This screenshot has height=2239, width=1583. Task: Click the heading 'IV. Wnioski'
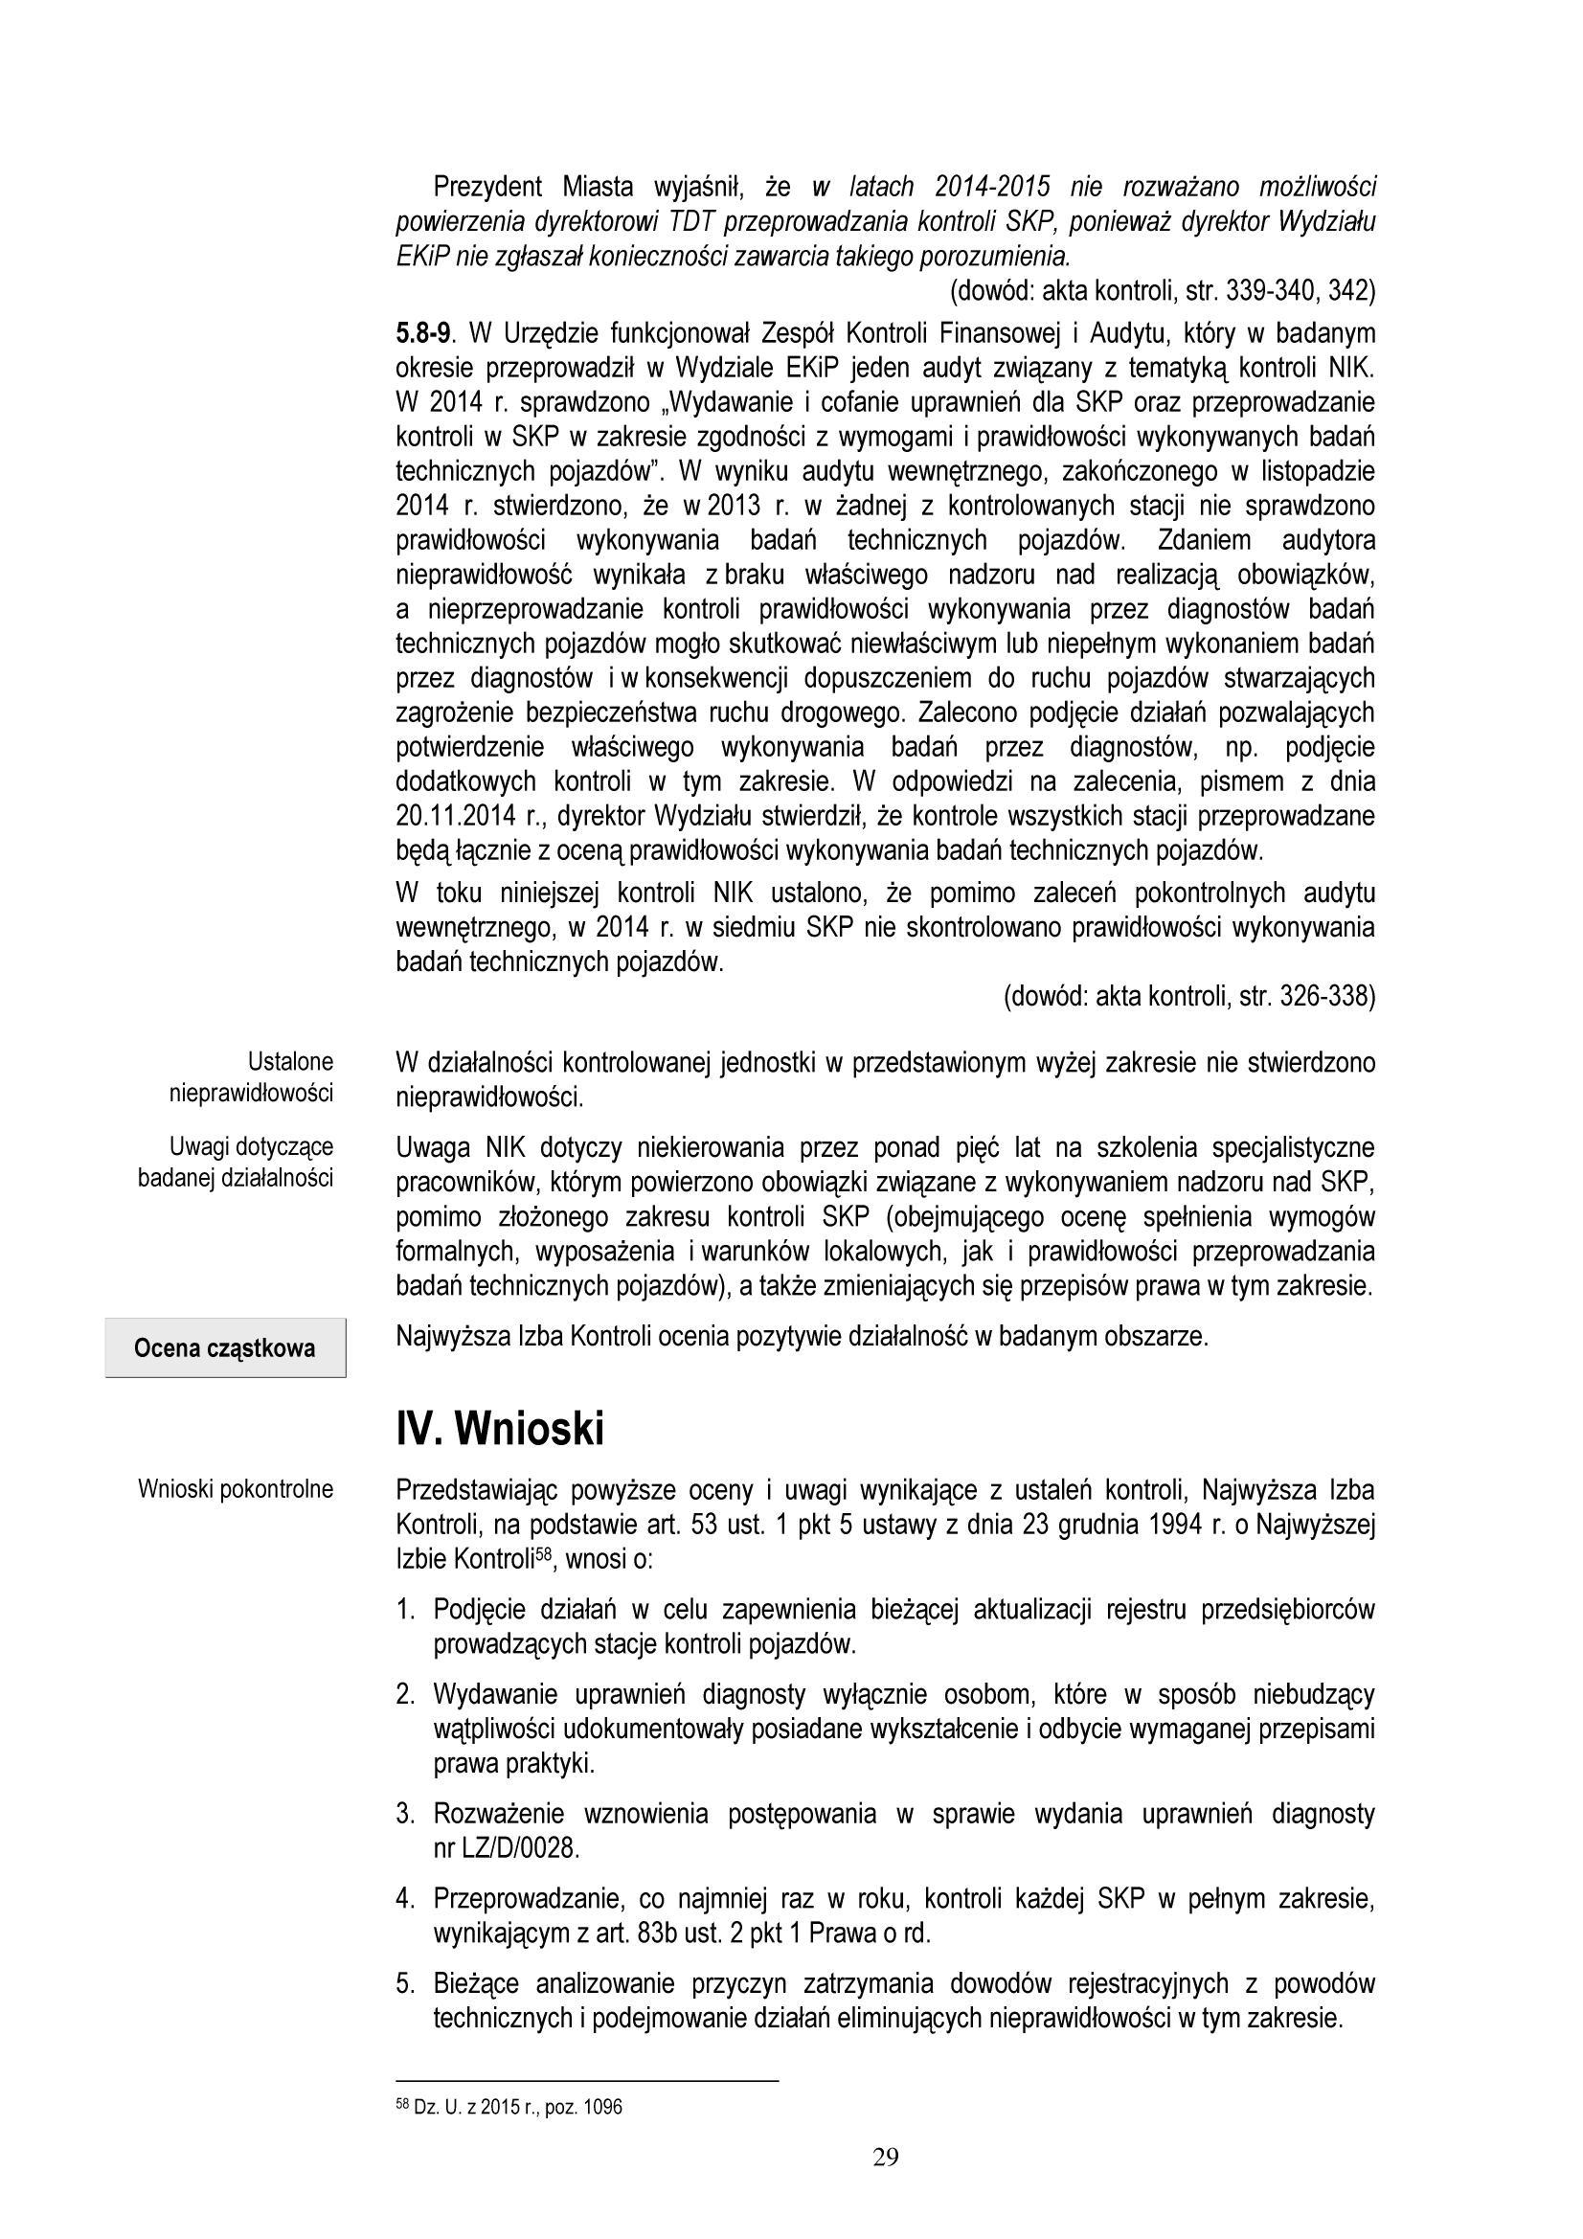[499, 1430]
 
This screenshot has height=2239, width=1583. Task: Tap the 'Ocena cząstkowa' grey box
[225, 1348]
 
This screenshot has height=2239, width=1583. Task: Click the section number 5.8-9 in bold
[423, 333]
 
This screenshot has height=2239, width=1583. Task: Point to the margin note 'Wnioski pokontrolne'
[236, 1489]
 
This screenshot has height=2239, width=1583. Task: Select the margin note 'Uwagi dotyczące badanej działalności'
[236, 1162]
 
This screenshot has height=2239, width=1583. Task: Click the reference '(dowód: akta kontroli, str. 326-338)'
[1189, 997]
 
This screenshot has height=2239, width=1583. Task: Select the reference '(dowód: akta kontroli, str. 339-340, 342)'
[1162, 289]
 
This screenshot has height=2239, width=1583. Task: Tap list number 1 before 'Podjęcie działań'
[406, 1609]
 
